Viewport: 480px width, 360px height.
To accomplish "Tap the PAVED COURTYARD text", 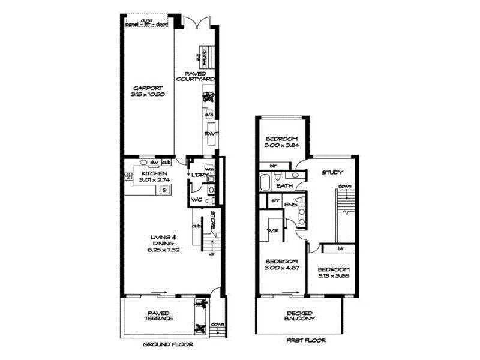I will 195,76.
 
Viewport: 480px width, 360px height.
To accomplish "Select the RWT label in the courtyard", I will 210,134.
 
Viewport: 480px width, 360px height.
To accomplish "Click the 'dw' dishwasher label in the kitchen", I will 154,163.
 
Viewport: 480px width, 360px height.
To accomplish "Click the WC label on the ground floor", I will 196,199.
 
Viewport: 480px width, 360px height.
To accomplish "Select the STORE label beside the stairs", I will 213,219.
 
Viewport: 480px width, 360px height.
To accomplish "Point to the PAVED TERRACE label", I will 159,316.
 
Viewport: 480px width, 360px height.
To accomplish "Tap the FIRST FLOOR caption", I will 306,340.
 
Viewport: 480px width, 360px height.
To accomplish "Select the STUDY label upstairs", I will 332,172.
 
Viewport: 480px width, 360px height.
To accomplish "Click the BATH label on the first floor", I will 284,186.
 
